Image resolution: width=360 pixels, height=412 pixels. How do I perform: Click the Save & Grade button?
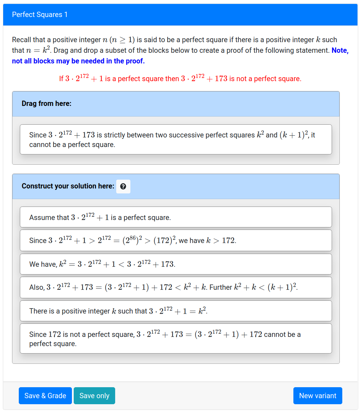[45, 396]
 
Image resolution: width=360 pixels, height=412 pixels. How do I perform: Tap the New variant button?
[317, 396]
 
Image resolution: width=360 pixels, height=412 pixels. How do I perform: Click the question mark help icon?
[123, 186]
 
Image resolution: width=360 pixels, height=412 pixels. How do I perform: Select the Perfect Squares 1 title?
[40, 15]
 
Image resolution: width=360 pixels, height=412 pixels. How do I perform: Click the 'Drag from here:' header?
[46, 103]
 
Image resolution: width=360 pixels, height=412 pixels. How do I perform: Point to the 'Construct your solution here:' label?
[68, 186]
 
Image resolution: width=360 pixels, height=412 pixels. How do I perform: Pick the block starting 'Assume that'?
[176, 217]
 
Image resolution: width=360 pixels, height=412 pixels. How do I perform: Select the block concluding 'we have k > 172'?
[176, 241]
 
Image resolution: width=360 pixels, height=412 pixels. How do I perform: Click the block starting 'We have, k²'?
[176, 264]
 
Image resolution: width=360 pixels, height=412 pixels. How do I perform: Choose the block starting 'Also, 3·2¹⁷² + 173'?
[176, 287]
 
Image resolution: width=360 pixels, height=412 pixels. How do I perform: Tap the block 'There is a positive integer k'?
[176, 311]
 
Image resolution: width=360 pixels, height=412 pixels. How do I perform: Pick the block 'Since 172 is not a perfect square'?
[176, 339]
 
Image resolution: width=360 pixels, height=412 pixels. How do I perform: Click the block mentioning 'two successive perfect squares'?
[176, 140]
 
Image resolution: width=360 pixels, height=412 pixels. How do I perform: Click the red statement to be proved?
[180, 79]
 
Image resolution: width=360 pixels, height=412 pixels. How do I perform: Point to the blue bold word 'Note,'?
[340, 50]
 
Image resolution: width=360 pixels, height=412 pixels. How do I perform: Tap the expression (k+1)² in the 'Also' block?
[282, 287]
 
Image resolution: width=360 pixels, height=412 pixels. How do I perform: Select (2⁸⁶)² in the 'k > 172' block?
[131, 241]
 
